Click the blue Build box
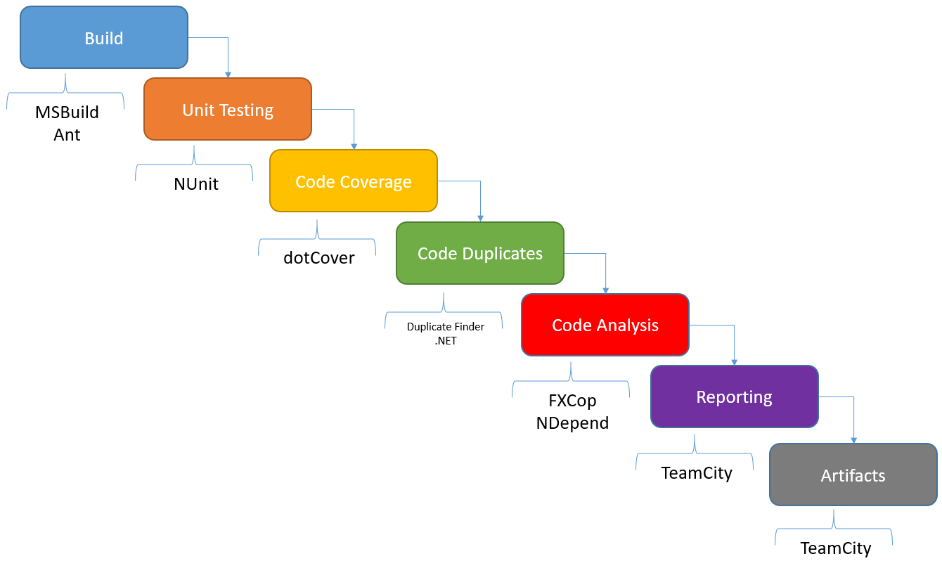coord(104,38)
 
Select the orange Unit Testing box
coord(228,110)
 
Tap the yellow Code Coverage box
coord(354,181)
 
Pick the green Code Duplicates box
coord(480,253)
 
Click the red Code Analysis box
coord(605,325)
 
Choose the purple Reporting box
coord(734,396)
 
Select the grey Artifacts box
coord(853,475)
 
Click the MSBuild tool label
coord(67,112)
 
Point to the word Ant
coord(67,135)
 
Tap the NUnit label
coord(196,184)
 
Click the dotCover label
coord(318,257)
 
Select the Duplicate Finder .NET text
coord(446,333)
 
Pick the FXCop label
coord(572,401)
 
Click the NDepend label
coord(572,423)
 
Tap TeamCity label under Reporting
coord(697,473)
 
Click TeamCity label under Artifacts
coord(836,548)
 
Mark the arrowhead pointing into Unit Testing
coord(228,75)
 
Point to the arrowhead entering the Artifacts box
coord(853,440)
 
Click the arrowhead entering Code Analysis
coord(605,290)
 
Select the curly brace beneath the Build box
coord(65,90)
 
